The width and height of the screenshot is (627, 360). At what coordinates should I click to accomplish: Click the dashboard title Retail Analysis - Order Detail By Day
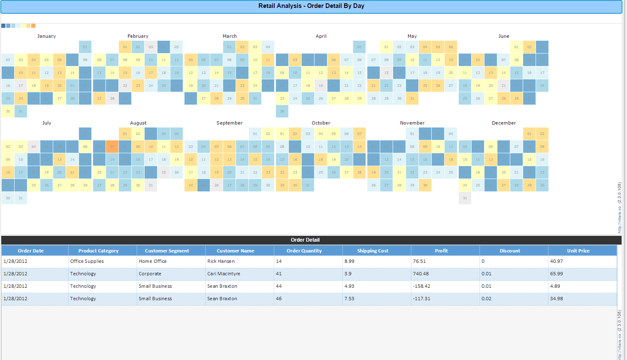point(311,6)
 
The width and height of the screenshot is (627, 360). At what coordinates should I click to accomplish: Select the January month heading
point(47,36)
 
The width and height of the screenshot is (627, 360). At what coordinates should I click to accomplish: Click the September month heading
point(229,123)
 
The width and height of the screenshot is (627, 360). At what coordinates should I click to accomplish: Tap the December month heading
point(504,123)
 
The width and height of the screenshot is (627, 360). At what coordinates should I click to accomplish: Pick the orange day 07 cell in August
point(112,147)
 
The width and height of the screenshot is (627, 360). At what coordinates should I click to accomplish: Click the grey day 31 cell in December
point(465,198)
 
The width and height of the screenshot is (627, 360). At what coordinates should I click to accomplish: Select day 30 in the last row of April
point(282,111)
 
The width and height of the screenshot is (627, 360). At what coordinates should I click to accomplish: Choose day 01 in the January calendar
point(85,47)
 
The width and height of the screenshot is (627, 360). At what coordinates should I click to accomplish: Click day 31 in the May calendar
point(412,98)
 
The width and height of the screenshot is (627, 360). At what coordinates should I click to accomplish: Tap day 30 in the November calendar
point(425,185)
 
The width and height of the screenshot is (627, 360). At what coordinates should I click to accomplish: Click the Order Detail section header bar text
point(305,240)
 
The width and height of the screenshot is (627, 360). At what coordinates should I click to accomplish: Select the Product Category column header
point(98,251)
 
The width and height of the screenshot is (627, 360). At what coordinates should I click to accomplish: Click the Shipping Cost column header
point(373,251)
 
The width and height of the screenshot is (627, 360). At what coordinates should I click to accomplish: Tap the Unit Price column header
point(578,251)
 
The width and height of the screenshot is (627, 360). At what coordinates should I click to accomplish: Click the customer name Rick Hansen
point(221,261)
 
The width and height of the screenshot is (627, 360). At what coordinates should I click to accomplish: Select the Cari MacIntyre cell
point(224,274)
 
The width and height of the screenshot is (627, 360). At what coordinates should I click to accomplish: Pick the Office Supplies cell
point(87,261)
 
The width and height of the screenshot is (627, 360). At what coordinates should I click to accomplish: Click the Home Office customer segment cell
point(152,261)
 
